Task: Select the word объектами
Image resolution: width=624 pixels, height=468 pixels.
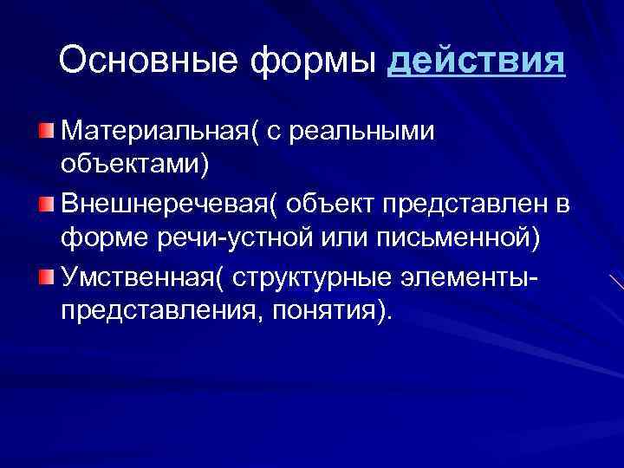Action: click(134, 163)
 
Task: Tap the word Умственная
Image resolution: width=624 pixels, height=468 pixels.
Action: click(140, 277)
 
